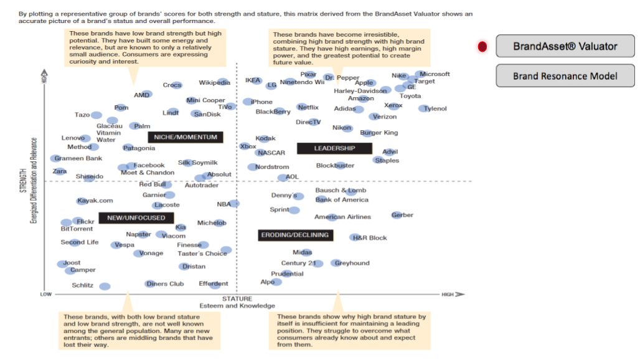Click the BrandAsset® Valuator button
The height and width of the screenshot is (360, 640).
coord(565,46)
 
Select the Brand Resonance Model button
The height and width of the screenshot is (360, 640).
coord(565,76)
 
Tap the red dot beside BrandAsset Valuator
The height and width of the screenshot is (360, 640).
coord(482,46)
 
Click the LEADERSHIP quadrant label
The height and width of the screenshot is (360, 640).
coord(334,148)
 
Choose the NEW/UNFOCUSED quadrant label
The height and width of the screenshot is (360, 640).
coord(136,217)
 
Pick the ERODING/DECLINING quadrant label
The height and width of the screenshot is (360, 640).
coord(294,235)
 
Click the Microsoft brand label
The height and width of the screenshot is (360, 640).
coord(435,74)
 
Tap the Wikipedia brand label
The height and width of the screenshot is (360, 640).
coord(215,82)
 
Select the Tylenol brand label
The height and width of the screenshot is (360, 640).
coord(435,108)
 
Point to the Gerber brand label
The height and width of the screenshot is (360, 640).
coord(402,215)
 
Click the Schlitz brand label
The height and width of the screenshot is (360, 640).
coord(83,285)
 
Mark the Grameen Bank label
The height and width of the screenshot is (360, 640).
coord(78,158)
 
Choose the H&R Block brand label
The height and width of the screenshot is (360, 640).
coord(369,237)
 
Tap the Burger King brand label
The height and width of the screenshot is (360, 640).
coord(379,133)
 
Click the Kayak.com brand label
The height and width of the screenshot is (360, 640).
coord(95,201)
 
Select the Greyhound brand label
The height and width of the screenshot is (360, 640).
coord(352,263)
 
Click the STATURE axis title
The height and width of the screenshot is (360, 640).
coord(237,299)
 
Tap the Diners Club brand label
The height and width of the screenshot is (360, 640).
coord(165,283)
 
